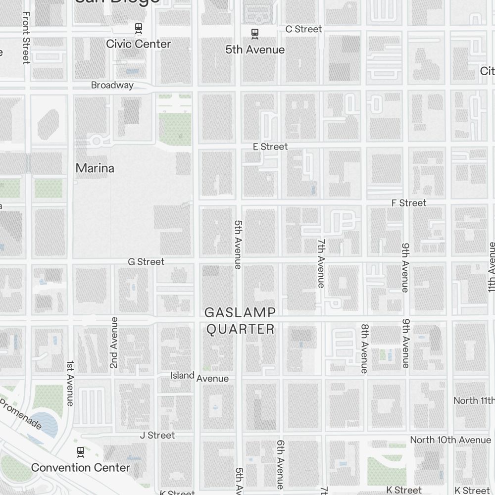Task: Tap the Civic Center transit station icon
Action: (139, 28)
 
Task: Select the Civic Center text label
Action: (138, 44)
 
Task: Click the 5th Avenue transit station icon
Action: (255, 34)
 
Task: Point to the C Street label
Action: (303, 29)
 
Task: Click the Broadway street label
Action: (112, 85)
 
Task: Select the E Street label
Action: (270, 147)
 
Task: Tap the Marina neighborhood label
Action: (95, 168)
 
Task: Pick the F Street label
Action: (408, 203)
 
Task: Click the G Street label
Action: (146, 261)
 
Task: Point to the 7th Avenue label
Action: (321, 263)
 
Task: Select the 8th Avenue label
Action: (365, 348)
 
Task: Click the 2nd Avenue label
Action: (114, 343)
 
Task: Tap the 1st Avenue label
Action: (70, 383)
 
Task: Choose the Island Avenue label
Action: (199, 377)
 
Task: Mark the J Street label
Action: (157, 435)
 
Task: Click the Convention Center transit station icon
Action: (80, 451)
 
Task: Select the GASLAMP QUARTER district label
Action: (240, 321)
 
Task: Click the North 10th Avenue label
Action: (450, 440)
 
